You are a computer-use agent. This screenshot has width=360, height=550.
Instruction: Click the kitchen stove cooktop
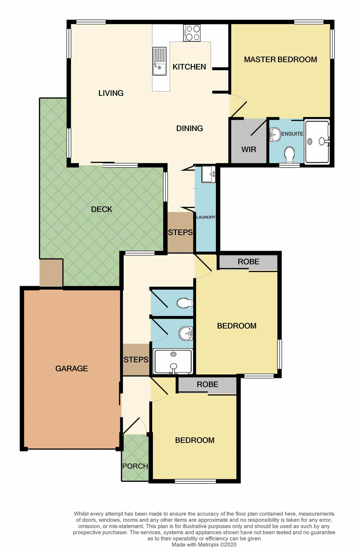point(192,33)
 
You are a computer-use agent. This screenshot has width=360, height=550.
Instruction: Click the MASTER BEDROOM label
point(280,60)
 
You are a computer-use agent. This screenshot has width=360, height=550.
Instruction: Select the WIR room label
point(249,150)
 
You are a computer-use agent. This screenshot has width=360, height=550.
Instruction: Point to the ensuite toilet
point(290,154)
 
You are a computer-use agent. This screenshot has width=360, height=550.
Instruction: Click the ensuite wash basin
point(275,134)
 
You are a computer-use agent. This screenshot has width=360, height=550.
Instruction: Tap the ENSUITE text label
point(292,134)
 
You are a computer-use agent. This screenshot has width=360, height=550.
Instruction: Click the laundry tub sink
point(208,174)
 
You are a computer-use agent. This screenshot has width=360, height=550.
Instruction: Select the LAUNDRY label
point(206,217)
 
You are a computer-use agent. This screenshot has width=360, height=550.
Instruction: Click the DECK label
point(101,209)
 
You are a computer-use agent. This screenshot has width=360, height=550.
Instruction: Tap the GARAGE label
point(71,368)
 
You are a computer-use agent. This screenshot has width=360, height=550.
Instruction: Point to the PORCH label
point(135,466)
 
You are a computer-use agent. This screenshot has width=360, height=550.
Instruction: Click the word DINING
point(189,128)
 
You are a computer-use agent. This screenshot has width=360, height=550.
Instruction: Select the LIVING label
point(111,93)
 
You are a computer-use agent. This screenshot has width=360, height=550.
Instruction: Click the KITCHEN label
point(189,67)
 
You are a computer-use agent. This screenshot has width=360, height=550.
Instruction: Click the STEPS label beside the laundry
point(180,232)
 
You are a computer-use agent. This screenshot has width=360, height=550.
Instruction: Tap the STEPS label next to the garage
point(136,360)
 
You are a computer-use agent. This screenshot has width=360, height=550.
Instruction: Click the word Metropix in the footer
point(208,545)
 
